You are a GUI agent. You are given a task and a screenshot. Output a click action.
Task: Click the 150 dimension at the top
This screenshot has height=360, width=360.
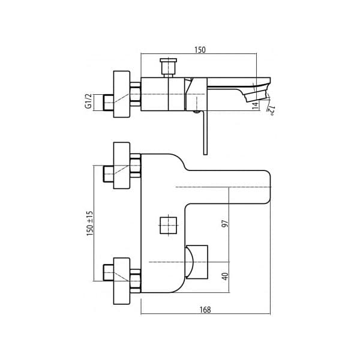pyautogui.click(x=200, y=50)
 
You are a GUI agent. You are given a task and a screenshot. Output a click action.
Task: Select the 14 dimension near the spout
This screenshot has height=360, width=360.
pyautogui.click(x=255, y=104)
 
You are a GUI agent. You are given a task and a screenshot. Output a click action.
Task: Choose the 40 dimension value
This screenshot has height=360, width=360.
pyautogui.click(x=225, y=277)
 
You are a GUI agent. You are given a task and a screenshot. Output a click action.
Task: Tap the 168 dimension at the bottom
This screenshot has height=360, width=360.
pyautogui.click(x=206, y=310)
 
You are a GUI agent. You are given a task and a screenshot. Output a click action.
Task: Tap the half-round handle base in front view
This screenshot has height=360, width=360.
pyautogui.click(x=190, y=262)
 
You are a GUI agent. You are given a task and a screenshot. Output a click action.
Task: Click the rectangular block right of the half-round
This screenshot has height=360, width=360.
pyautogui.click(x=199, y=262)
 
